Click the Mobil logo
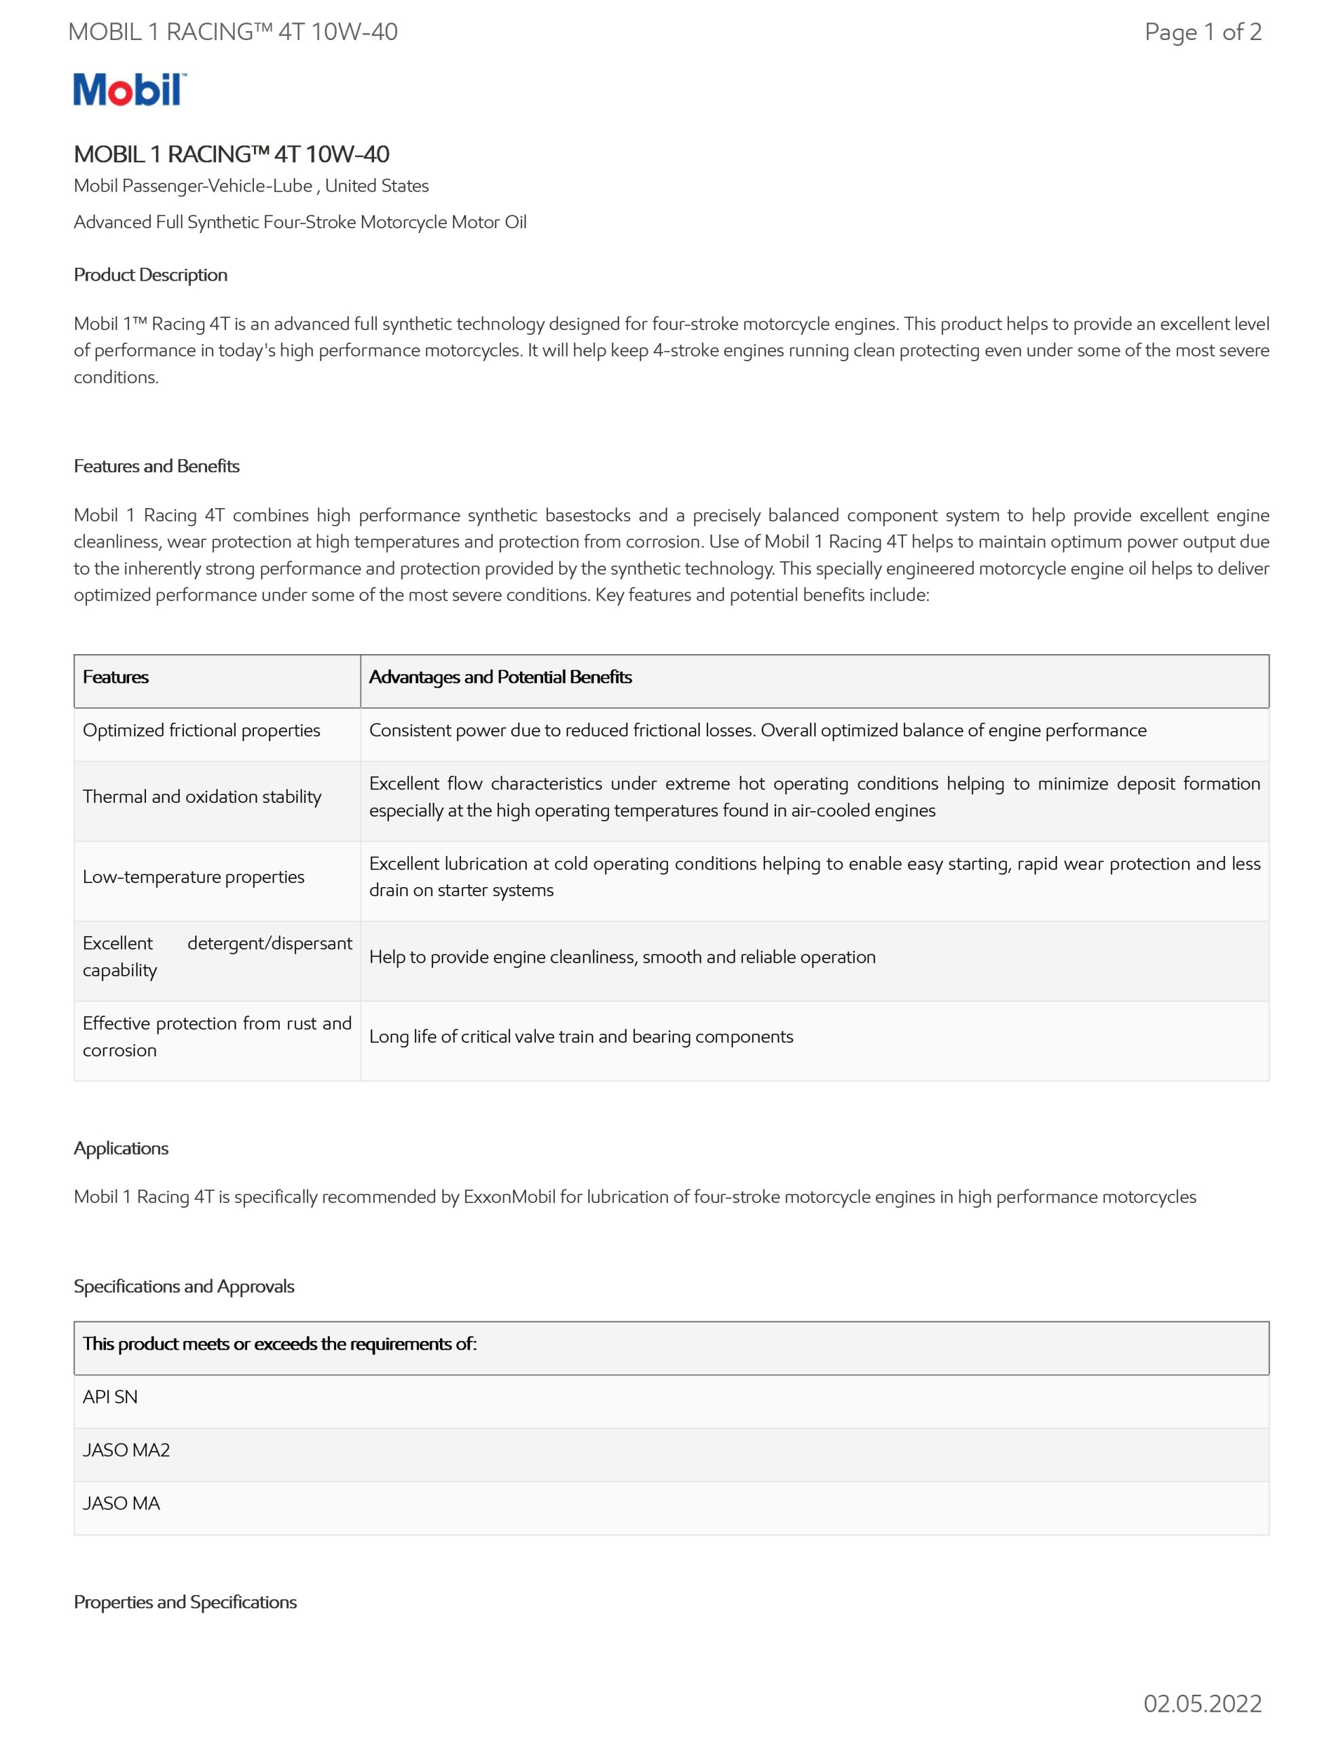tap(130, 89)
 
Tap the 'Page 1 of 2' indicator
tap(1202, 32)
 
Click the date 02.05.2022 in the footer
tap(1202, 1703)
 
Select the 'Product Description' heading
tap(151, 274)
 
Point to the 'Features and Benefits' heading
tap(156, 466)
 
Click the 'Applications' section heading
tap(121, 1147)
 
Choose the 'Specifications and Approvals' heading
tap(184, 1286)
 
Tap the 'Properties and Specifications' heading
tap(185, 1601)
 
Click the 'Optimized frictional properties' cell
tap(202, 730)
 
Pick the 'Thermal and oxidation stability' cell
tap(202, 796)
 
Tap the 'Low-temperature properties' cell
tap(194, 877)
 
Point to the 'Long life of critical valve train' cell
tap(581, 1036)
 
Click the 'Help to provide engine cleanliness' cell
tap(622, 956)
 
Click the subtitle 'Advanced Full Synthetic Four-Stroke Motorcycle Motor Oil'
tap(300, 222)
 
